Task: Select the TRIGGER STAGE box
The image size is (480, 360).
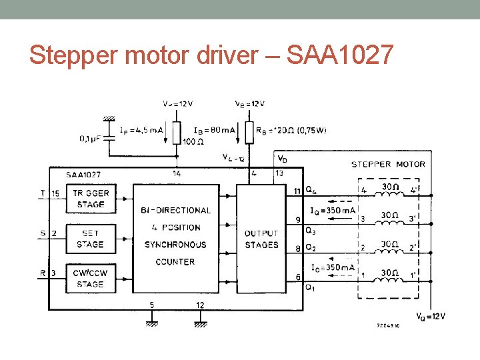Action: (90, 199)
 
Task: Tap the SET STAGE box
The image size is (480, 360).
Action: (90, 239)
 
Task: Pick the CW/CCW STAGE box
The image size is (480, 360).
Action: (90, 279)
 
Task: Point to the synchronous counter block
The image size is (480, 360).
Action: (176, 236)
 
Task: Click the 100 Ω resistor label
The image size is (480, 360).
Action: (194, 141)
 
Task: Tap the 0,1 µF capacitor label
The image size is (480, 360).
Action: (92, 139)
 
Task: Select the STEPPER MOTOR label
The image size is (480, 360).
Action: (388, 164)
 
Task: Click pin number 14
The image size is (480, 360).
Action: (177, 173)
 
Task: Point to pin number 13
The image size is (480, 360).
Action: (279, 173)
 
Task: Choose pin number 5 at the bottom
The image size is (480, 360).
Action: (151, 305)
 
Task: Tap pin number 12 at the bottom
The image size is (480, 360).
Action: (200, 305)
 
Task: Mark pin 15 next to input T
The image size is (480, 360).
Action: (55, 193)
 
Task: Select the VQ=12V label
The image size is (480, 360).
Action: (431, 317)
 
